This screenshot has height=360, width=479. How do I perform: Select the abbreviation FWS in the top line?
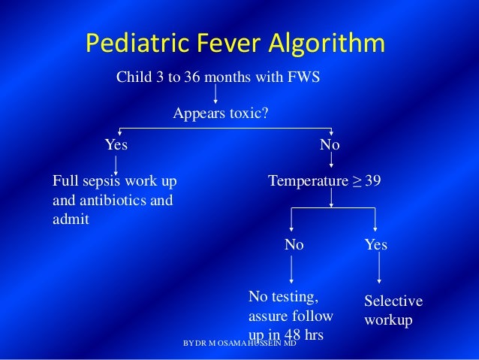point(304,77)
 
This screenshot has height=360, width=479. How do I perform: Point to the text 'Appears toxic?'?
point(221,114)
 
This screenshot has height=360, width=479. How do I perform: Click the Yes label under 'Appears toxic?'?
point(116,144)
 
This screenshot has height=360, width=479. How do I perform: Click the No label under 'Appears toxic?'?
point(330,144)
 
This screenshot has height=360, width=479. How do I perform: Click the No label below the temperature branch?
point(294,245)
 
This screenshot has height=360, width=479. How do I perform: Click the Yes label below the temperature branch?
point(376,245)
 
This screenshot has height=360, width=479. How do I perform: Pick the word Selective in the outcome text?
point(393,301)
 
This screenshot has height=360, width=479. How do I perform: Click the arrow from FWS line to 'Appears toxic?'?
point(216,92)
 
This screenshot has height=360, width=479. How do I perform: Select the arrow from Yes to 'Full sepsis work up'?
point(116,163)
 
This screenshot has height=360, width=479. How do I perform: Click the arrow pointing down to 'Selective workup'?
point(379,268)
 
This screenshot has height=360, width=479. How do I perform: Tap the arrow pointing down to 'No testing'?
point(292,268)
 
